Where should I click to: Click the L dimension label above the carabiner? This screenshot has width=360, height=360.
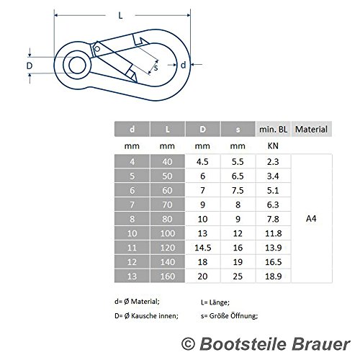[x=120, y=16]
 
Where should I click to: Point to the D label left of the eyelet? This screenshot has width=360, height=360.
[x=30, y=66]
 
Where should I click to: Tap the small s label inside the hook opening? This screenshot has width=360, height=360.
[x=156, y=68]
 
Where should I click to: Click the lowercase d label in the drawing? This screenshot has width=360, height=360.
[x=183, y=65]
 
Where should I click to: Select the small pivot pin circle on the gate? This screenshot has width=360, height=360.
[x=97, y=49]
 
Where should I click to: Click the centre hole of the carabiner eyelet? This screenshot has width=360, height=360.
[x=77, y=65]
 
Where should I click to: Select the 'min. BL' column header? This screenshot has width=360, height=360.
[x=273, y=130]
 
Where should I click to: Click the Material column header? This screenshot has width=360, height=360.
[x=311, y=130]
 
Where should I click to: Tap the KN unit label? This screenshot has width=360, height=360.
[x=273, y=146]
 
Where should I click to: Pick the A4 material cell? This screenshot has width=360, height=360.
[x=311, y=219]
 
